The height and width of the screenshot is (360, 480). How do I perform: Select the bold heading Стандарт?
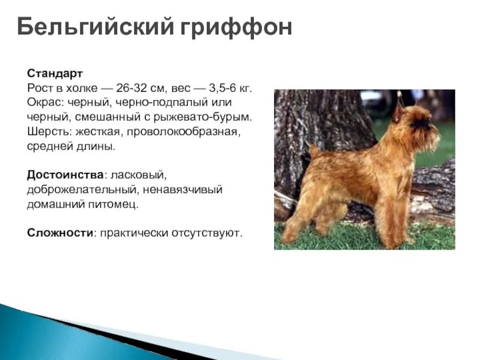(55, 73)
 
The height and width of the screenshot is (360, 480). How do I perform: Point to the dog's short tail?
(313, 151)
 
